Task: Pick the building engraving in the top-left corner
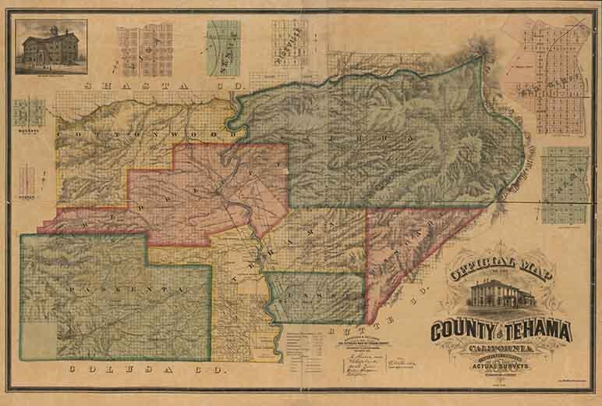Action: (x=51, y=46)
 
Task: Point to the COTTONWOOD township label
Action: (x=140, y=134)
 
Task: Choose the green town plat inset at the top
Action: (x=222, y=44)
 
